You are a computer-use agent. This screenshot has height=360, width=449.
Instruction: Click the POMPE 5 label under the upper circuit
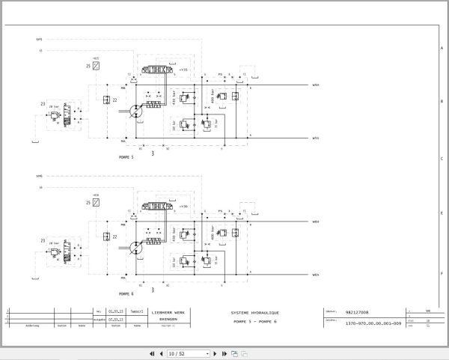click(x=126, y=157)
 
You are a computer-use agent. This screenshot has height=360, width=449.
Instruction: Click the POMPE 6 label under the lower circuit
click(x=126, y=294)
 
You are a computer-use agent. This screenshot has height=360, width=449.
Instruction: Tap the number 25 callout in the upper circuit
click(x=88, y=67)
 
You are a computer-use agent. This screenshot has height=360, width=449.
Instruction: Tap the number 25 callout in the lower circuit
click(x=88, y=203)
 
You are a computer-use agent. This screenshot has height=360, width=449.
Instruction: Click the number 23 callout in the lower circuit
click(x=43, y=241)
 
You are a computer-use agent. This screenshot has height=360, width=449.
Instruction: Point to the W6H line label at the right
click(x=316, y=222)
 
